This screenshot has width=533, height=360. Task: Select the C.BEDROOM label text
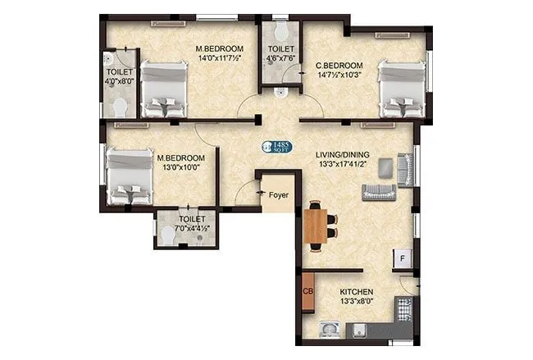pos(339,66)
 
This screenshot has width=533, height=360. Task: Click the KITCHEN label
pos(358,292)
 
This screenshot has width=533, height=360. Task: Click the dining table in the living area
pos(316,225)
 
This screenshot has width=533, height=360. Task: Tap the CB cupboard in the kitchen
pos(308,292)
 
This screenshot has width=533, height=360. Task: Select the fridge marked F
pos(403,259)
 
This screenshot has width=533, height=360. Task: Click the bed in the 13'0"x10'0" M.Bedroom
pos(130,175)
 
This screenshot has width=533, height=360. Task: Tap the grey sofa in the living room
pos(379,192)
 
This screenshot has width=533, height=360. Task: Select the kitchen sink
pos(330,331)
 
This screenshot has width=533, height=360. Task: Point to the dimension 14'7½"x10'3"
pos(339,76)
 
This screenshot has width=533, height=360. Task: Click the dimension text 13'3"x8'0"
pos(358,303)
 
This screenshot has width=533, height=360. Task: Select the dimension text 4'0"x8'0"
pos(119,82)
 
